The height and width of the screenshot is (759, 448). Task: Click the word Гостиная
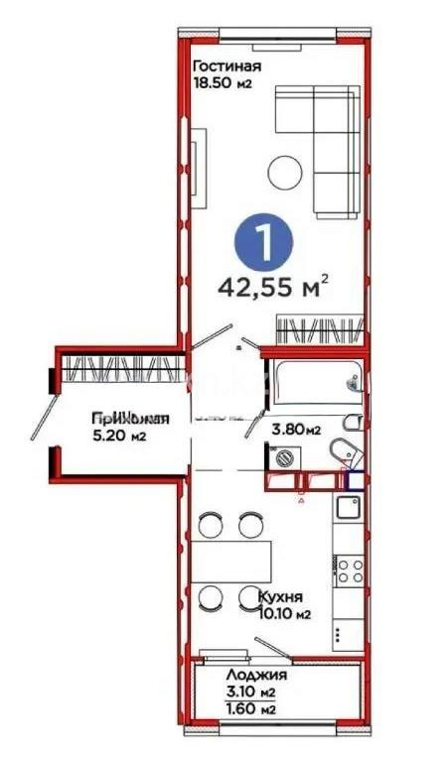tap(226, 66)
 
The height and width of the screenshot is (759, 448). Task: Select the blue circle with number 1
tap(261, 241)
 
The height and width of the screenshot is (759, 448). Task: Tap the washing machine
tap(285, 458)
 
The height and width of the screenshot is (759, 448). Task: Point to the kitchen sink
tap(347, 510)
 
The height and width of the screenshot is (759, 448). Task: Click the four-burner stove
tap(349, 570)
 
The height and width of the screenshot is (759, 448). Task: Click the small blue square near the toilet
tap(355, 479)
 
